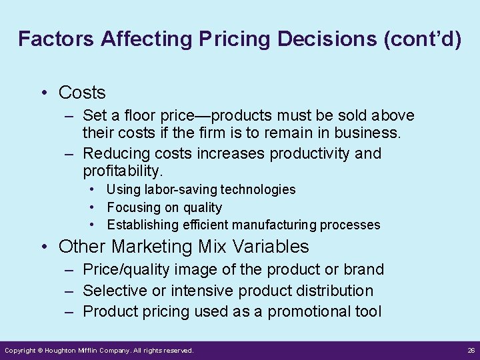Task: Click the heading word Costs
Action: coord(82,92)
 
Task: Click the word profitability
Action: coord(123,171)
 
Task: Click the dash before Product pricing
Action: coord(69,311)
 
